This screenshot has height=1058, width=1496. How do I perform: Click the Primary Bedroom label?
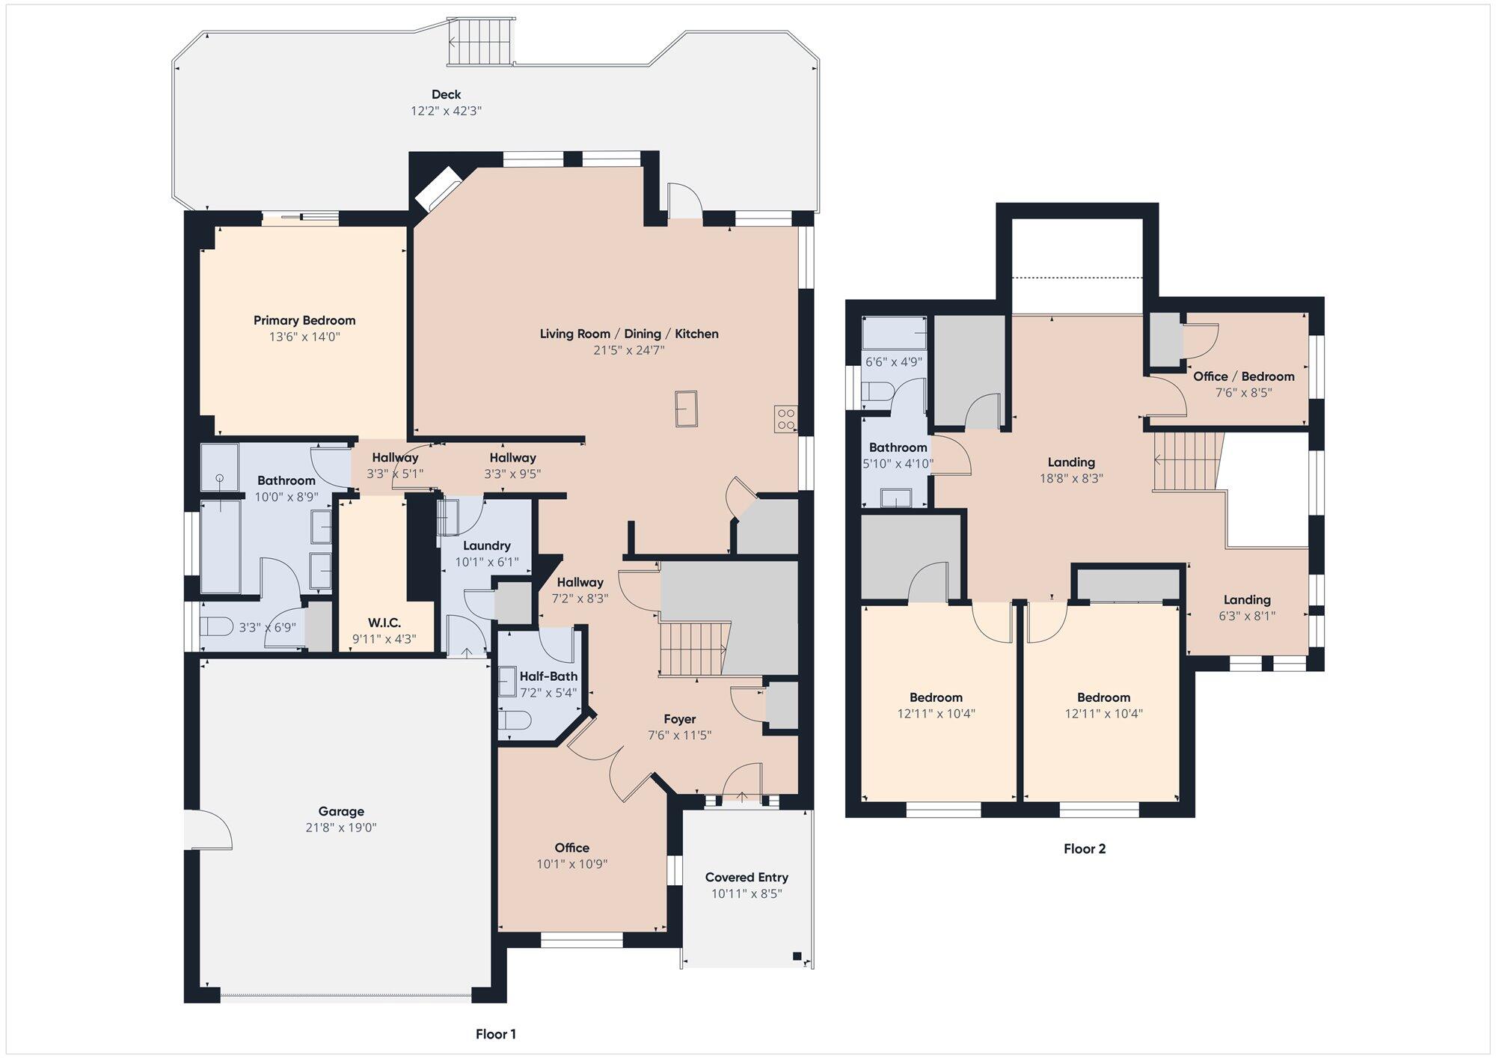click(304, 320)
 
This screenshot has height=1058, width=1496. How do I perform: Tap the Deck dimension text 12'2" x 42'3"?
click(446, 111)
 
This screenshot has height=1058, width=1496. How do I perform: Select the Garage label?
click(341, 811)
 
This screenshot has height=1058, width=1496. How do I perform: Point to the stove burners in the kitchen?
click(785, 419)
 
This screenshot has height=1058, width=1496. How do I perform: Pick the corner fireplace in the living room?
click(438, 188)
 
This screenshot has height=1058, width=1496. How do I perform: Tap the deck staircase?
click(480, 42)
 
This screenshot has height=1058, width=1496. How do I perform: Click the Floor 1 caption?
click(496, 1034)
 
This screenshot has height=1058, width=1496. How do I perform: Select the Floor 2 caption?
click(1085, 848)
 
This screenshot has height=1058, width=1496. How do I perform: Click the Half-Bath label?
click(548, 676)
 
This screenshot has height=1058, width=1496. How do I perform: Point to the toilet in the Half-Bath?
click(515, 721)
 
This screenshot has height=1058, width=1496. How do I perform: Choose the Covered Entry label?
click(747, 877)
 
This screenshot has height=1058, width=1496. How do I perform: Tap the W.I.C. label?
click(384, 623)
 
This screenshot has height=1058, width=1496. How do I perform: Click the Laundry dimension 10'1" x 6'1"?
click(487, 562)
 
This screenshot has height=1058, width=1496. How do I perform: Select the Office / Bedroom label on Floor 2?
click(1244, 376)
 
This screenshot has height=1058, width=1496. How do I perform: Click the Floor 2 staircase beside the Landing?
click(1187, 462)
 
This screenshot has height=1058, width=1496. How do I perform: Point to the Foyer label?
click(680, 719)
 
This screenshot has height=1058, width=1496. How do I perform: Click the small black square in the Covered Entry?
click(797, 955)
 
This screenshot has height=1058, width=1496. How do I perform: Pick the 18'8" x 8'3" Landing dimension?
click(1072, 478)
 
